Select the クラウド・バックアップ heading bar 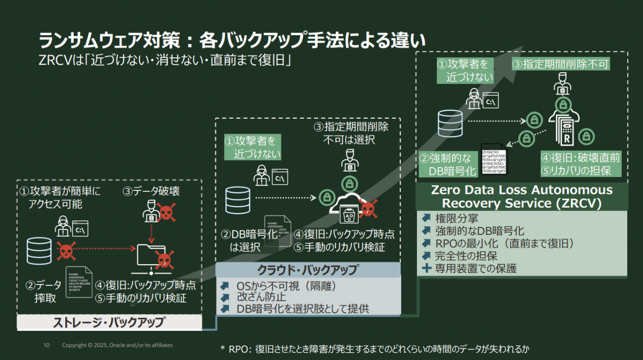coord(308,270)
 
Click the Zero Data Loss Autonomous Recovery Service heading coord(521,196)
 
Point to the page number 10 coord(46,345)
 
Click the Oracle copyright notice coord(117,345)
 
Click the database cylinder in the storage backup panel coord(40,251)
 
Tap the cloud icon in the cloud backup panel coord(349,208)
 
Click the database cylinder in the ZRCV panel coord(449,123)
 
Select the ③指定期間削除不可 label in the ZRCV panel coord(560,64)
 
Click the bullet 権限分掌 coord(456,218)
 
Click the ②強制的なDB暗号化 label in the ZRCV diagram coord(448,165)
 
